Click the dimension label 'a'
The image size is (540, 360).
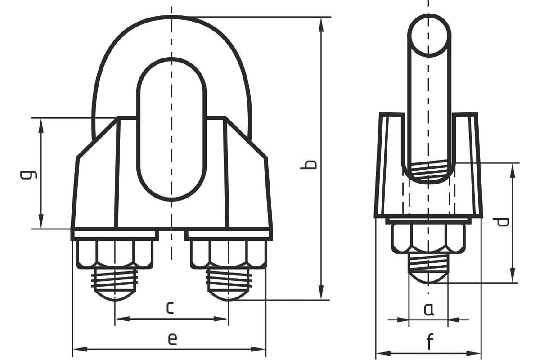coord(428,309)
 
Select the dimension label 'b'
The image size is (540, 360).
coord(309,164)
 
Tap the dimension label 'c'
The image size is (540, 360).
coord(169,308)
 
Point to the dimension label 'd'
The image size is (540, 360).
coord(500,222)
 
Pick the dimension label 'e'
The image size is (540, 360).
coord(172,339)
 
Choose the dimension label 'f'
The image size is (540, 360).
coord(429,342)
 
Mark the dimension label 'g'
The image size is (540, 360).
coord(28,174)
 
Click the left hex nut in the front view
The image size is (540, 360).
coord(115,254)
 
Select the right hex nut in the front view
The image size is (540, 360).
coord(229,254)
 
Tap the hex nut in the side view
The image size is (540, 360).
coord(428,238)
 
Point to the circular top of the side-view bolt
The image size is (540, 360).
coord(429,35)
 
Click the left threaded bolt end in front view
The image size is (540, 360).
coord(115,283)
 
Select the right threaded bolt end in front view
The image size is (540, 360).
coord(229,283)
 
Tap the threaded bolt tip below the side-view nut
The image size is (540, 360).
coord(428,268)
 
